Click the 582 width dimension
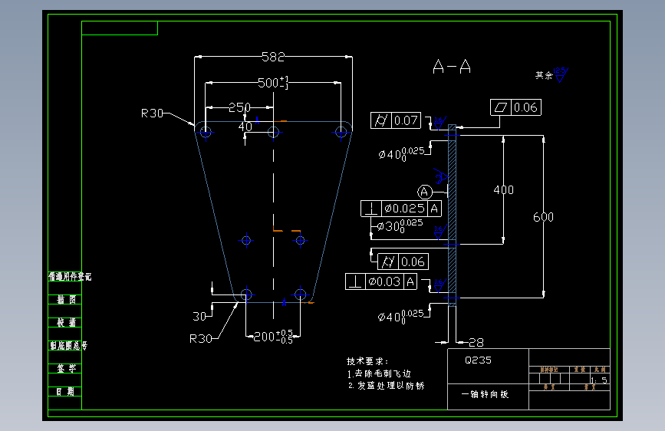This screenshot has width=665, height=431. tap(273, 56)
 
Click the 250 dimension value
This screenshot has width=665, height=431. tap(239, 107)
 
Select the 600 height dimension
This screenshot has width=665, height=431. tap(543, 217)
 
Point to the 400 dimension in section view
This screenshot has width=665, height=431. tap(503, 189)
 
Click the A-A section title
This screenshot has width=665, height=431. tap(452, 67)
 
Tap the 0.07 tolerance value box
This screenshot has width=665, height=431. tap(407, 120)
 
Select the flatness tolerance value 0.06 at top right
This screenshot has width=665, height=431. tap(526, 107)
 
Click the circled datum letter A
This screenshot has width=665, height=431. tap(425, 191)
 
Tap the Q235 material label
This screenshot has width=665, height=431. tap(479, 360)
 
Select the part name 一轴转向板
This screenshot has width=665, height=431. tap(484, 394)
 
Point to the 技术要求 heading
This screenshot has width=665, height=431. tap(367, 360)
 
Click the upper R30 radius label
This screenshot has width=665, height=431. tap(152, 114)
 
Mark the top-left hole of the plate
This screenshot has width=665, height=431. tap(206, 132)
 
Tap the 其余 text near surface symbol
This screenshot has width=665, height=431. tap(544, 75)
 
